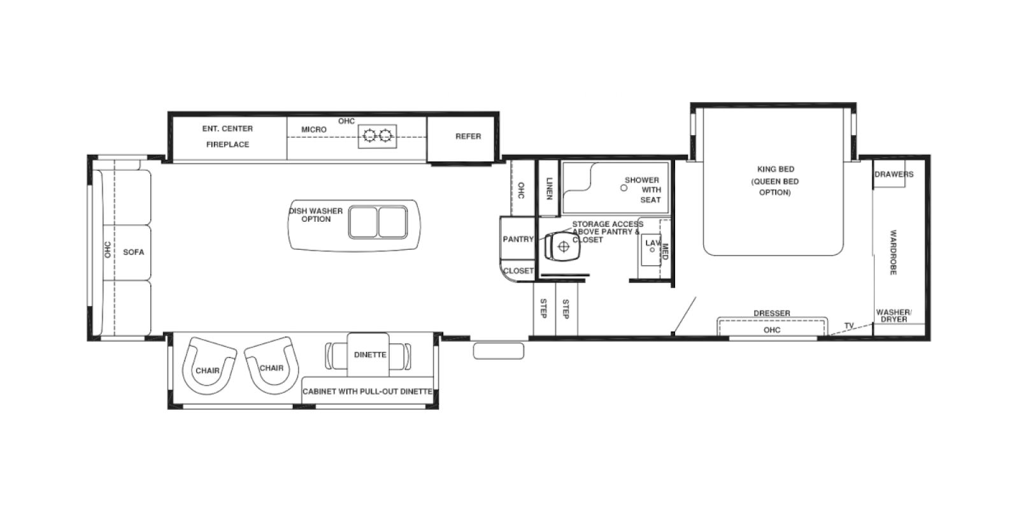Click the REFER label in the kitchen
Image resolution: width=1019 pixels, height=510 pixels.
click(468, 136)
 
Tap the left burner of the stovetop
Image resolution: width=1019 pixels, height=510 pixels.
click(369, 135)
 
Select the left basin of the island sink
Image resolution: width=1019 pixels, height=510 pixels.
click(363, 221)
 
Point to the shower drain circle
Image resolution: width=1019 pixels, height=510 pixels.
click(624, 188)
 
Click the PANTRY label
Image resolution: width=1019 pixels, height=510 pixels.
click(518, 239)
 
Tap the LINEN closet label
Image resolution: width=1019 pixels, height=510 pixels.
click(549, 188)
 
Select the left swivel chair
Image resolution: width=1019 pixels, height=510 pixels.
click(208, 367)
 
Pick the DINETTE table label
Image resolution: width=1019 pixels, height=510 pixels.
click(369, 354)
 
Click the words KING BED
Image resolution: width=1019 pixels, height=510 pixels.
click(775, 170)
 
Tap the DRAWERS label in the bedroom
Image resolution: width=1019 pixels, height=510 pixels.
click(894, 174)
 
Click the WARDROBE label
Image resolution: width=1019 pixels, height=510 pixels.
click(893, 252)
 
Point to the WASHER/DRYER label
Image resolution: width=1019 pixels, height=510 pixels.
click(894, 316)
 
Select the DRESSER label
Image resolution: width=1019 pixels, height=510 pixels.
click(771, 313)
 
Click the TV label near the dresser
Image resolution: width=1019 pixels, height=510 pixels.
click(848, 326)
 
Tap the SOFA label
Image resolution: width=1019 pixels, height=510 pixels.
click(134, 252)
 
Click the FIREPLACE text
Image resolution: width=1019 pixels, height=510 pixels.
click(227, 145)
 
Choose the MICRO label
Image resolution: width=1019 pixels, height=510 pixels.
click(314, 129)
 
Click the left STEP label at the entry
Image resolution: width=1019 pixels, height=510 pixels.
click(543, 309)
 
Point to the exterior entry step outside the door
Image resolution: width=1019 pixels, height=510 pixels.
click(499, 351)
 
